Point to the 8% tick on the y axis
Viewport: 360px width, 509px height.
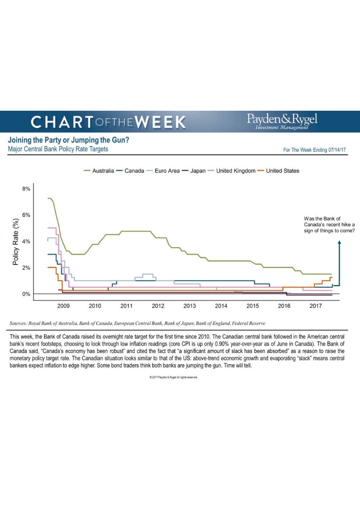(26, 189)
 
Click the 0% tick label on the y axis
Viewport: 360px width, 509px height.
(26, 294)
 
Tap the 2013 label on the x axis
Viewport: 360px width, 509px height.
(189, 306)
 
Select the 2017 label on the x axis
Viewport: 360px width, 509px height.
(316, 306)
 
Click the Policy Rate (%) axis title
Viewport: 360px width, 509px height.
(16, 242)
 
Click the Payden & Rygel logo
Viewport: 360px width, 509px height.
(282, 121)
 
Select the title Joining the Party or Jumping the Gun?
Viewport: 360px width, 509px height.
(69, 140)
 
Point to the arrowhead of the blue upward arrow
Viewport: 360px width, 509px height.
(339, 243)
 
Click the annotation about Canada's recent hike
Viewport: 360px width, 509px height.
(329, 225)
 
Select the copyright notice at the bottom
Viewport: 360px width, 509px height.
(173, 377)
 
